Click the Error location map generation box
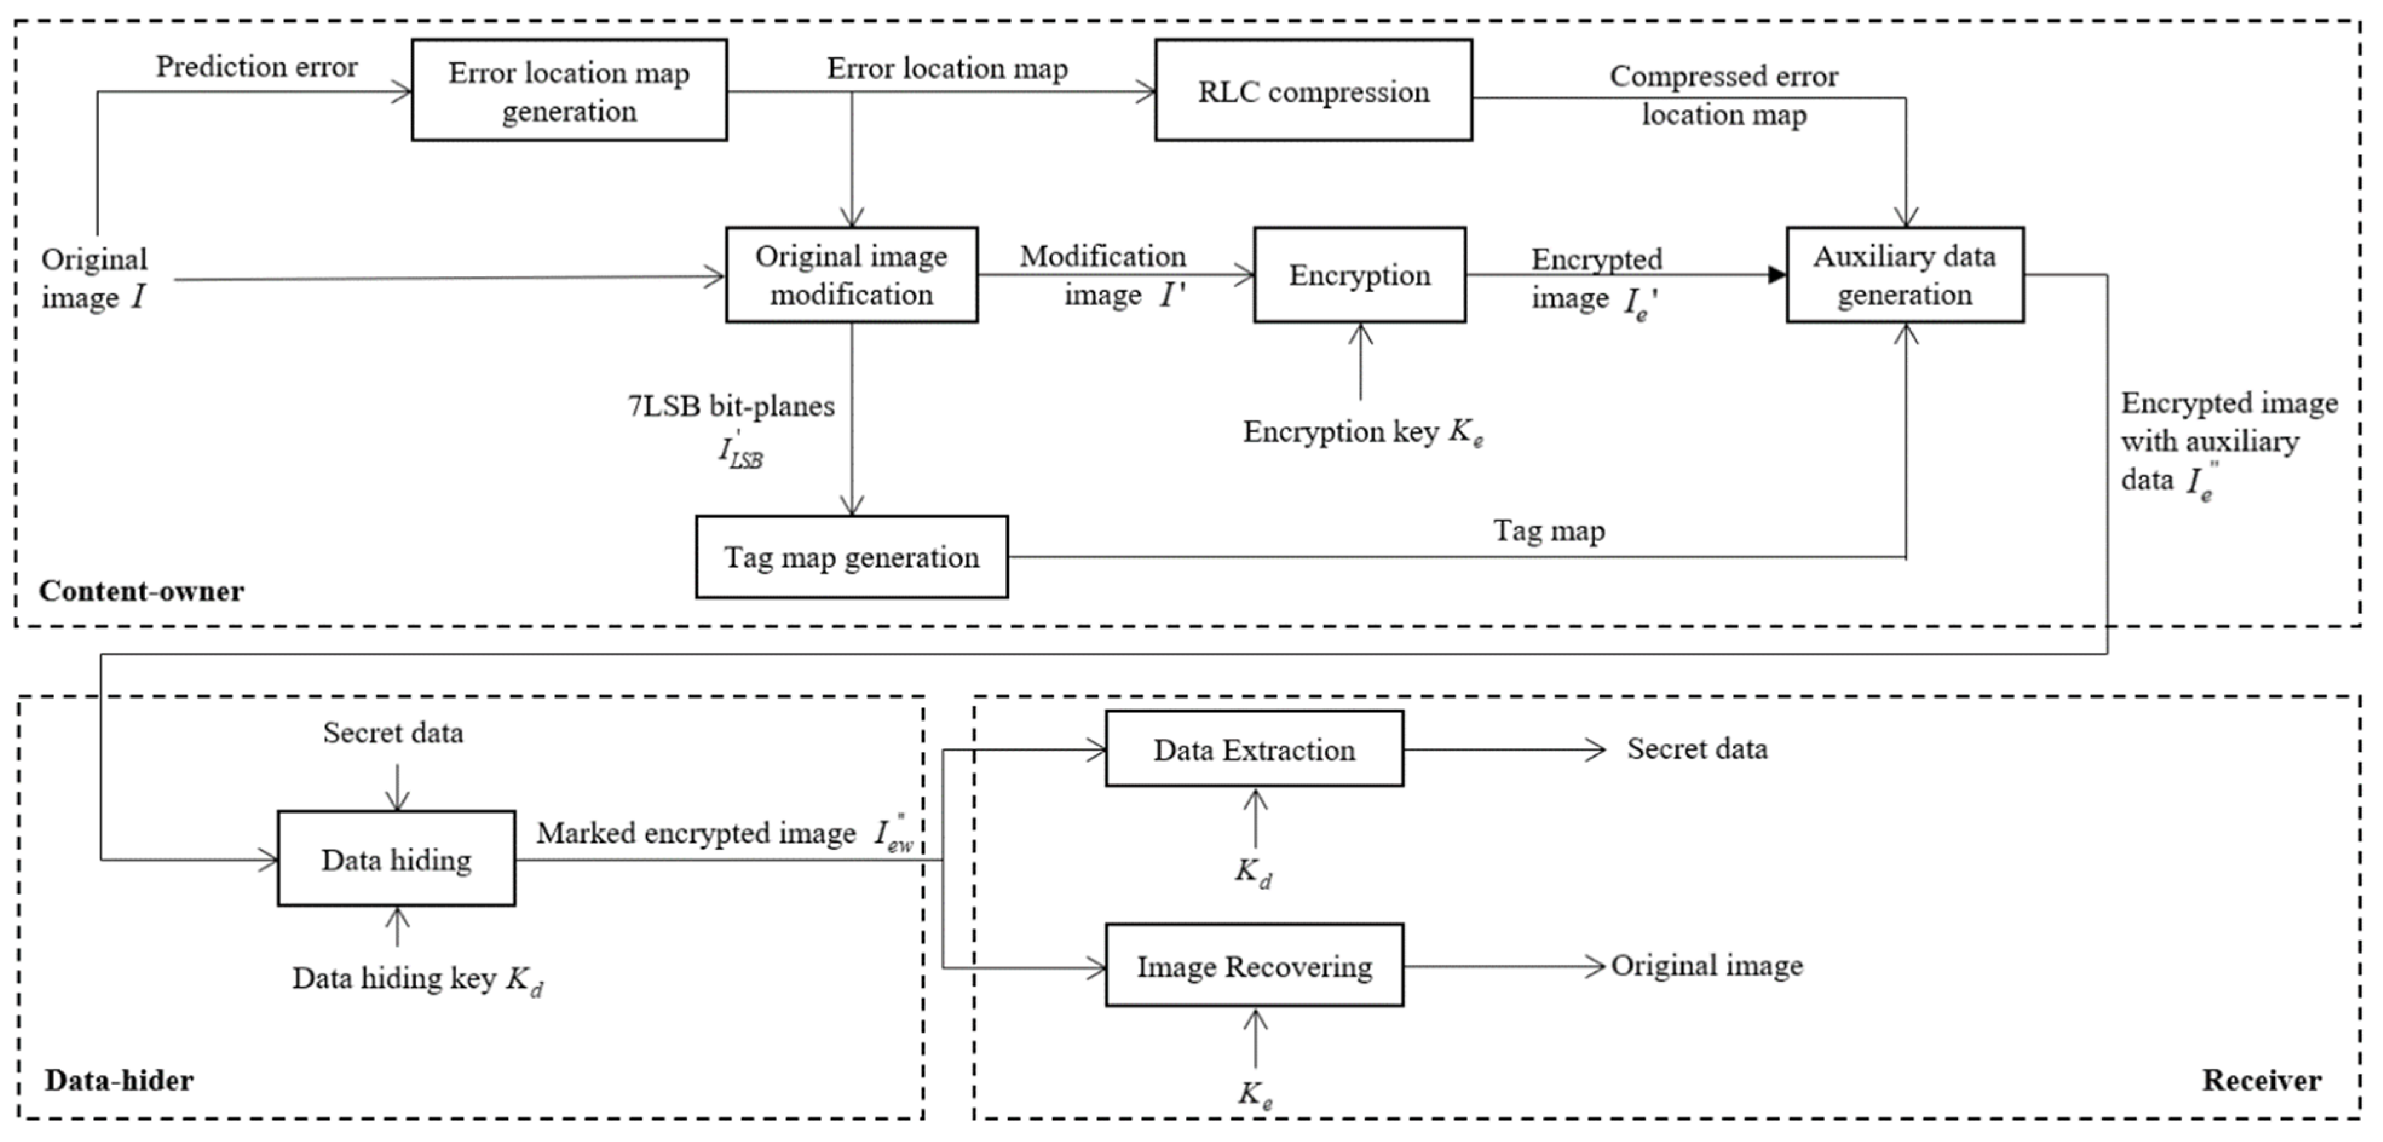pos(569,91)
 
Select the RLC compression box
pos(1313,91)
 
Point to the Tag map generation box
pos(851,556)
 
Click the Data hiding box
pos(396,859)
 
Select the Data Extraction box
pos(1254,749)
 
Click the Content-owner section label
pos(142,591)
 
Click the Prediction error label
pos(257,67)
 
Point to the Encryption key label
pos(1362,432)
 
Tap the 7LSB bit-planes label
pos(731,406)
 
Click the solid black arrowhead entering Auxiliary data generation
pos(1776,275)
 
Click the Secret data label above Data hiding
pos(393,733)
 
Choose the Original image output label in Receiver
pos(1707,965)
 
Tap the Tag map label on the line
pos(1549,530)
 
